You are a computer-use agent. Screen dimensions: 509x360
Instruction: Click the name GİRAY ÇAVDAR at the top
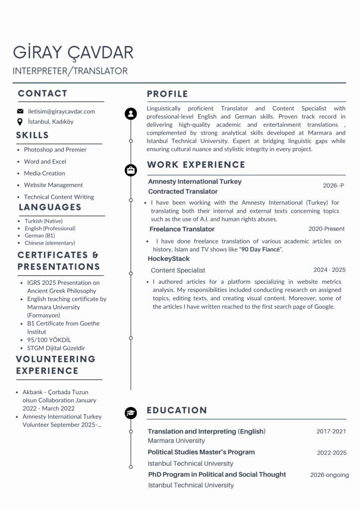73,52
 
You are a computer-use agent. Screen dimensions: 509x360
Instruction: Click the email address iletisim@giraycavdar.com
61,111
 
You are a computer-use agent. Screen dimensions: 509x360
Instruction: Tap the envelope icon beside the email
20,111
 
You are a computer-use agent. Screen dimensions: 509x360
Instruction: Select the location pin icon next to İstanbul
20,121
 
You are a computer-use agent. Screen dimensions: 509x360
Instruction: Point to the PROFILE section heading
168,94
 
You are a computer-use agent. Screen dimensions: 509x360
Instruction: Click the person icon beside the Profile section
131,114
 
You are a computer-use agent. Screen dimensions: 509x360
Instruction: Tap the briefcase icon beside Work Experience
131,170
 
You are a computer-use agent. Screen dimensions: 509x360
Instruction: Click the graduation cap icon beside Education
131,413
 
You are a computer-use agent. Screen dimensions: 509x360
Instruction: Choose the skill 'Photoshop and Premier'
55,150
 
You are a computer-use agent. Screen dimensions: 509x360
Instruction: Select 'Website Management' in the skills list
53,185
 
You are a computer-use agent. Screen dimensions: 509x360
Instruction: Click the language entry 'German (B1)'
40,236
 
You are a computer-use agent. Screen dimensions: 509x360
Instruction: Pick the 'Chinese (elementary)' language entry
50,243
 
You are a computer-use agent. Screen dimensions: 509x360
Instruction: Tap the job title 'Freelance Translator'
182,229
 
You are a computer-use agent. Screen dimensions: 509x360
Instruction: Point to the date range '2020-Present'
326,229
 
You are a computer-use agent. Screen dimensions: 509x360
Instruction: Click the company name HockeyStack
169,259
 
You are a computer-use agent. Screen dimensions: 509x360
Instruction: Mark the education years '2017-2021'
331,431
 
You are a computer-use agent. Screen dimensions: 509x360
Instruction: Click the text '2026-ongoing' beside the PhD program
329,475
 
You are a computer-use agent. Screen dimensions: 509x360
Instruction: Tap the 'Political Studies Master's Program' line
201,452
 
